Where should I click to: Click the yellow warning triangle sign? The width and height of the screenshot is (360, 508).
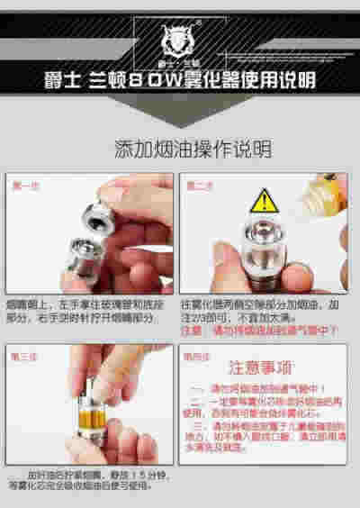pyautogui.click(x=262, y=200)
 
